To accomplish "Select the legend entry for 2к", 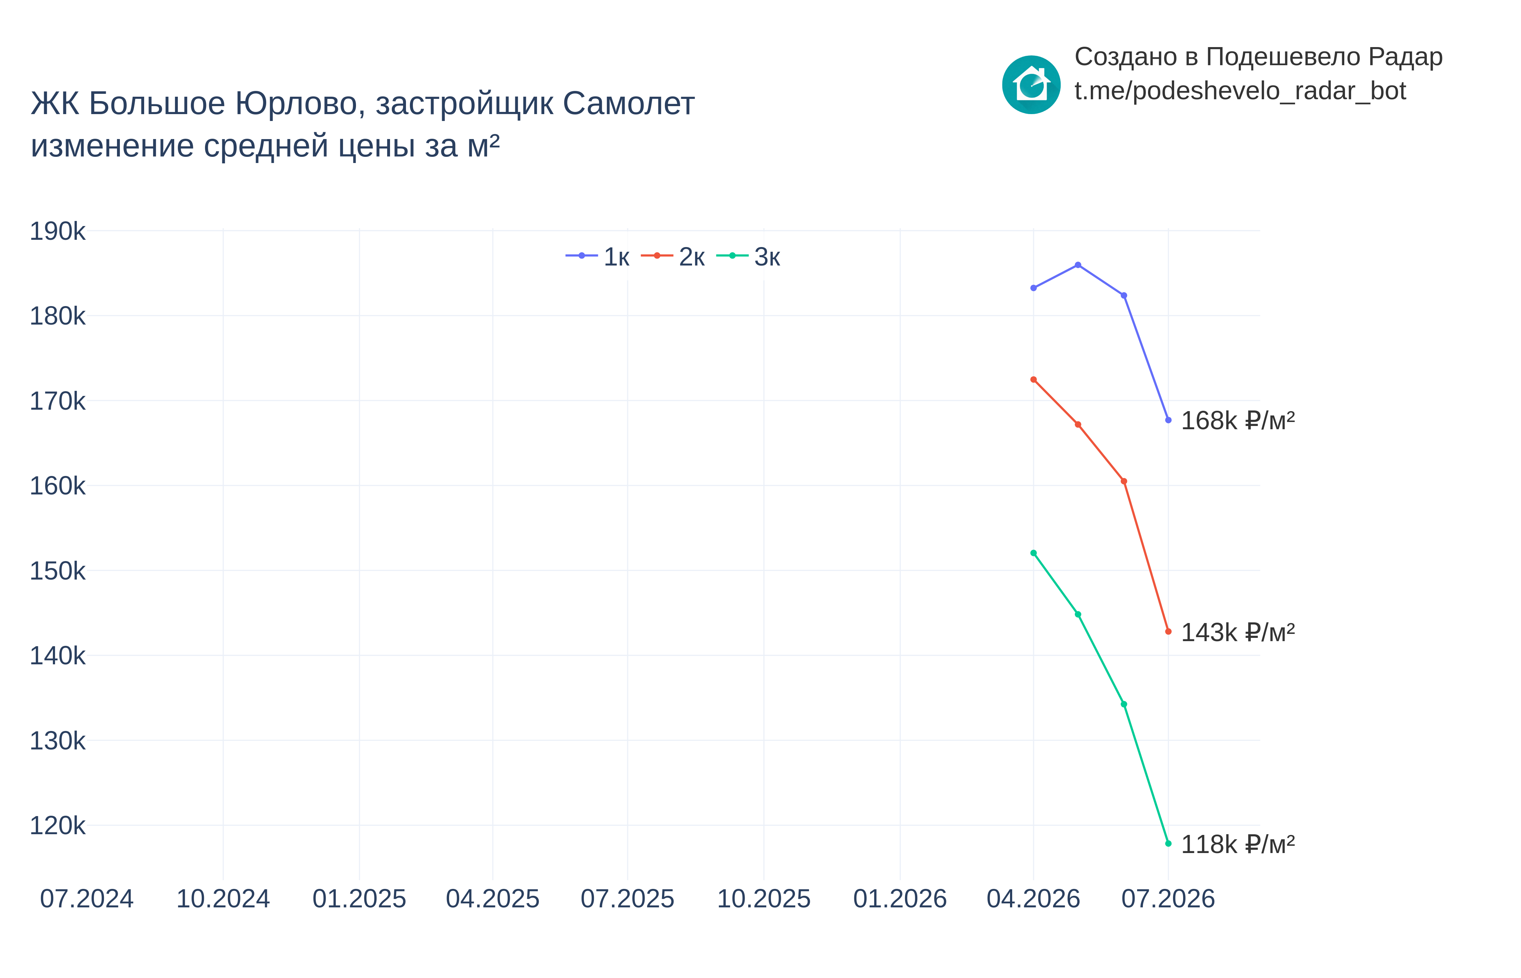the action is pos(673,256).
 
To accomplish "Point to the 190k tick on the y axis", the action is pos(57,231).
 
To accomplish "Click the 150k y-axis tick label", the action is pos(57,571).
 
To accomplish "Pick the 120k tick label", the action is pos(57,826).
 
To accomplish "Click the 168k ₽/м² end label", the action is pos(1238,421).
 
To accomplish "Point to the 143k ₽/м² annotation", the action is pos(1238,632).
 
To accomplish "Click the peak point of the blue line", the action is pos(1078,265).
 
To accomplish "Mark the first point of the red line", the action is pos(1034,380).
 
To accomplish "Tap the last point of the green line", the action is pos(1168,843).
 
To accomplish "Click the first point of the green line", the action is pos(1034,553).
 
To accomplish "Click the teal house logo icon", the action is pos(1031,84).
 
